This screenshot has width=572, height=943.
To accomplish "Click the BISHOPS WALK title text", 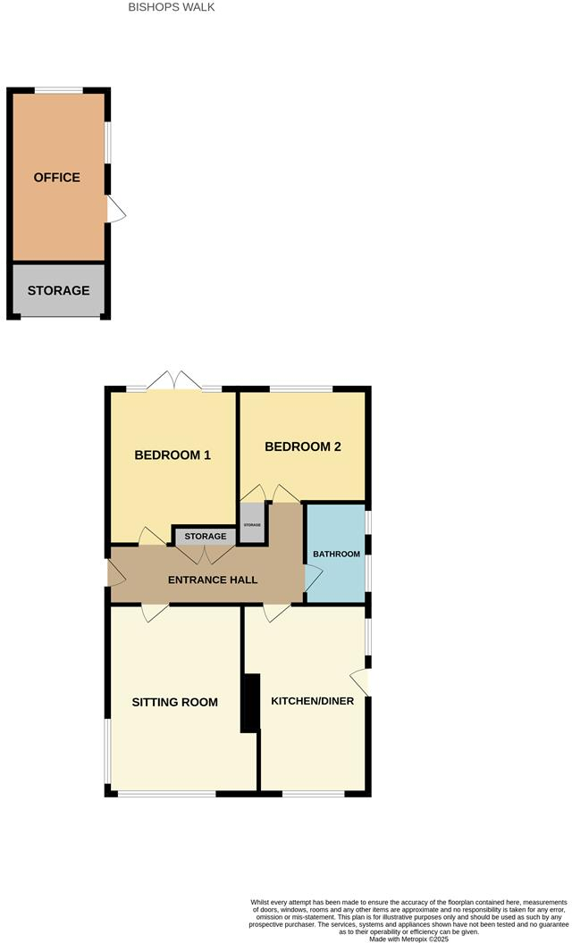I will pyautogui.click(x=172, y=7).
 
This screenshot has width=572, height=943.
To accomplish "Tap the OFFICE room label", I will pyautogui.click(x=57, y=177).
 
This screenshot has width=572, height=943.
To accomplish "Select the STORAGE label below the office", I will pyautogui.click(x=58, y=290).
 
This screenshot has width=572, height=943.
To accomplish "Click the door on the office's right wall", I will pyautogui.click(x=116, y=210).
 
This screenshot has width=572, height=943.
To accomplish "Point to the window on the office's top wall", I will pyautogui.click(x=59, y=89).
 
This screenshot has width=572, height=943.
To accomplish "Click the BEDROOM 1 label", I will pyautogui.click(x=172, y=455).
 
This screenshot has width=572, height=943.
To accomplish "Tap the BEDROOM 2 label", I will pyautogui.click(x=303, y=447).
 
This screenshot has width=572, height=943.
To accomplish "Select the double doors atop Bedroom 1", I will pyautogui.click(x=175, y=382).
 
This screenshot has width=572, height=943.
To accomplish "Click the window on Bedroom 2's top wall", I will pyautogui.click(x=301, y=389).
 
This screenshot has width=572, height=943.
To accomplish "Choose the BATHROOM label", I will pyautogui.click(x=336, y=554).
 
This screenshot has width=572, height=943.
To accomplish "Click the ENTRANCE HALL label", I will pyautogui.click(x=213, y=580).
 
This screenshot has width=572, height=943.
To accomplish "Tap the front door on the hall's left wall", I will pyautogui.click(x=115, y=573).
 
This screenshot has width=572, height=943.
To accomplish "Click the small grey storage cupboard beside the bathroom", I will pyautogui.click(x=252, y=525).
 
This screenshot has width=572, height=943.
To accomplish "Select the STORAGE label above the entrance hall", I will pyautogui.click(x=206, y=537).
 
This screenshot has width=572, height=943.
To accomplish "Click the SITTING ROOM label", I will pyautogui.click(x=175, y=702).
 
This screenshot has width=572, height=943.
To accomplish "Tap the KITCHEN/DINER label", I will pyautogui.click(x=313, y=701).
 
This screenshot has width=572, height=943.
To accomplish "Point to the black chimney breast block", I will pyautogui.click(x=251, y=703).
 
